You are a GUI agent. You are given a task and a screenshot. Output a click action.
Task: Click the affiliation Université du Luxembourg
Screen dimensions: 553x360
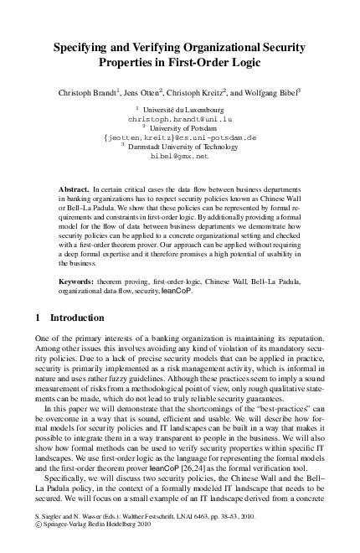(183, 110)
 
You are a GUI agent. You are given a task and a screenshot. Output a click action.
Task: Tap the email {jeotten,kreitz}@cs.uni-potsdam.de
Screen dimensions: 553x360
(179, 137)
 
